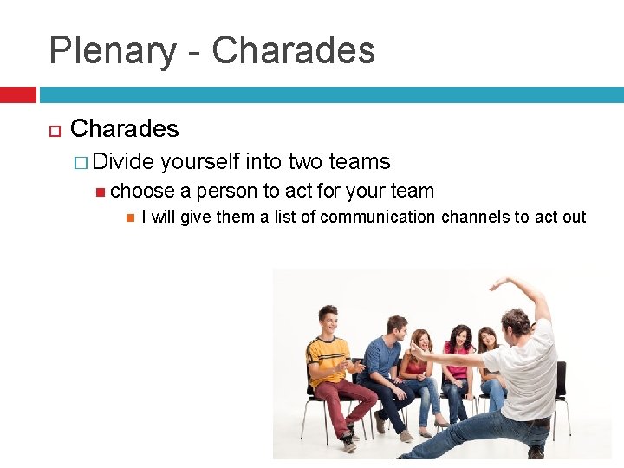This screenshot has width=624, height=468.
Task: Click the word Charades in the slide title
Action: coord(293,51)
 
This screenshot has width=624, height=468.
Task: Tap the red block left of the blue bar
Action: coord(17,94)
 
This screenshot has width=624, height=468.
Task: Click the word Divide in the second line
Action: coord(124,162)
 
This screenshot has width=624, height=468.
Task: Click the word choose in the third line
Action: coord(142,191)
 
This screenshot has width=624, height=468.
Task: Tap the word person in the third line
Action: coord(227,191)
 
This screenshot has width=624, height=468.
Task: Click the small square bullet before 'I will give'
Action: coord(129,217)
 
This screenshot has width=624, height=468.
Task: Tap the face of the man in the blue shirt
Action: coord(396,329)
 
